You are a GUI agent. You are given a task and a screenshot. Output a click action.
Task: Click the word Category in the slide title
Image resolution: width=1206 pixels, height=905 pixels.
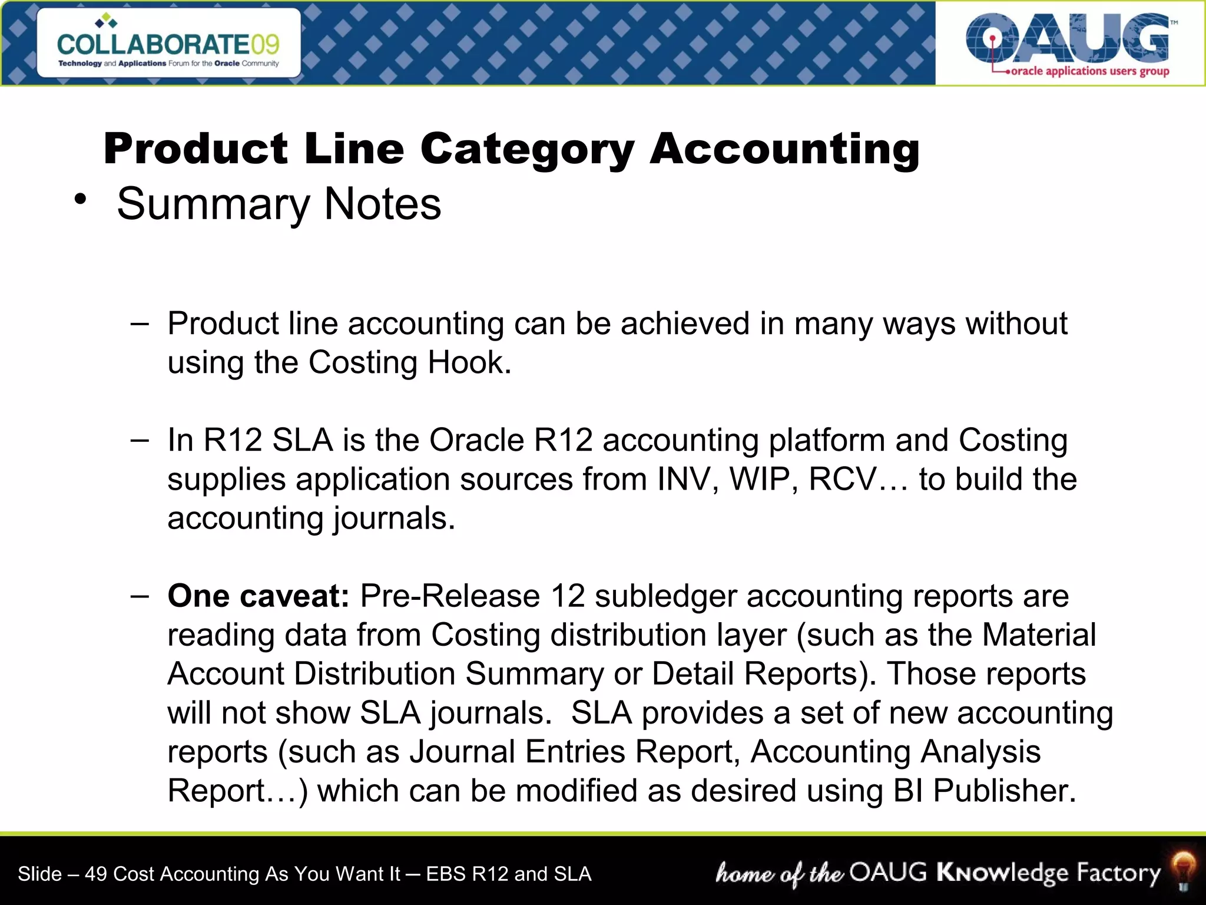point(527,149)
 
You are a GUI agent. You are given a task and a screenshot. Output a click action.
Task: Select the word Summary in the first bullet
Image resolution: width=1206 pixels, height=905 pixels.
point(213,204)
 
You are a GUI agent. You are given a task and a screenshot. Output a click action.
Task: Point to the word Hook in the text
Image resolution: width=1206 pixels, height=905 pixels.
point(469,362)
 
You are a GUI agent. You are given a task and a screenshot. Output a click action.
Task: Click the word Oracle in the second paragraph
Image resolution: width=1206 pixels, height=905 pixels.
point(476,440)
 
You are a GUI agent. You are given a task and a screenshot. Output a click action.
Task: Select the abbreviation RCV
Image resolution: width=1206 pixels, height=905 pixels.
point(842,479)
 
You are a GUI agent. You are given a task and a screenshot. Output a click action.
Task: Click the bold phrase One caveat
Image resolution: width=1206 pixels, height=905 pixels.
point(259,596)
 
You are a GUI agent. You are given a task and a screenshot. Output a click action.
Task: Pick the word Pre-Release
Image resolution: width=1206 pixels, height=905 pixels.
point(450,596)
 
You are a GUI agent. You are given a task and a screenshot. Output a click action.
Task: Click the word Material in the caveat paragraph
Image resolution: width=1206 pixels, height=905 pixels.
point(1039,635)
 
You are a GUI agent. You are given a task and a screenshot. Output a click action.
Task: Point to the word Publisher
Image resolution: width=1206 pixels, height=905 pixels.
point(1005,791)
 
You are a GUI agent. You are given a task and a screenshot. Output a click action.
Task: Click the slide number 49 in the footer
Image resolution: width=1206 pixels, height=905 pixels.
point(95,874)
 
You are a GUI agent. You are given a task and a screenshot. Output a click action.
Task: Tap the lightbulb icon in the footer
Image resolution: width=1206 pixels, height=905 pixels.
point(1183,871)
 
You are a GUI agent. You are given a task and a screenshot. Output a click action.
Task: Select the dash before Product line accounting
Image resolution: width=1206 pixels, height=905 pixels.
point(140,323)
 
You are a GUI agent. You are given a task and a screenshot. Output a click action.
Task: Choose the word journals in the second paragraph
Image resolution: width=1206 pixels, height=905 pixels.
point(394,518)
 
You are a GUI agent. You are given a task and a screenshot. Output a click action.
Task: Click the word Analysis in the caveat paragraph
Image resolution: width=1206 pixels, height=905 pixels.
point(980,752)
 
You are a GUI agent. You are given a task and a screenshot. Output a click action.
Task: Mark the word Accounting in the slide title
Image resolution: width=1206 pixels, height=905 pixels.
point(784,149)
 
